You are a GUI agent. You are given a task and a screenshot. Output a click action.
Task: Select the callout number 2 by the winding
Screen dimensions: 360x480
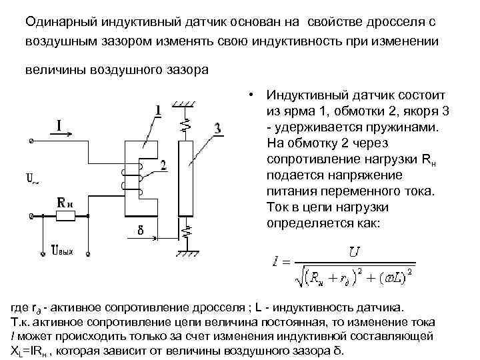pos(164,165)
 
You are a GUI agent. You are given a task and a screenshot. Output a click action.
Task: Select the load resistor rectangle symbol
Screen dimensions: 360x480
pos(65,216)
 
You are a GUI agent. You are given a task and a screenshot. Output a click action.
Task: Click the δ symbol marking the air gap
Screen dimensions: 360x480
pos(141,234)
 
